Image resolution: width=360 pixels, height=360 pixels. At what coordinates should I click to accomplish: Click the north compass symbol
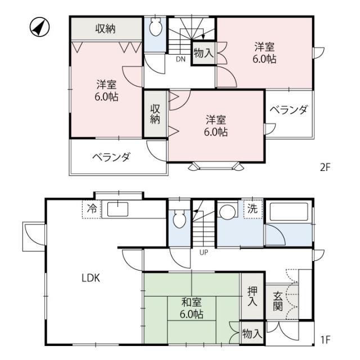coord(40,28)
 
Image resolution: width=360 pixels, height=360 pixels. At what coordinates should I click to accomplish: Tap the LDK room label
coord(91,278)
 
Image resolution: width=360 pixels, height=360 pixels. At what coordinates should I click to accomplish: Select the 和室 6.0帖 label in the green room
coord(191,308)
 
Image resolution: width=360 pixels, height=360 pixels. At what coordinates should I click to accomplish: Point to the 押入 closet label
coord(253,296)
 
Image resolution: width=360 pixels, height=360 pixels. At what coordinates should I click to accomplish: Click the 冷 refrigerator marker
coord(92,209)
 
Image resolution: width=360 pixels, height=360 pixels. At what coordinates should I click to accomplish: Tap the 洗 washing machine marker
coord(253,209)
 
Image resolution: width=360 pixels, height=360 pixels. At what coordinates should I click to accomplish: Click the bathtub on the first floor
coord(289,211)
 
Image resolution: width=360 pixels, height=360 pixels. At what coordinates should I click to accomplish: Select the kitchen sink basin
coord(118,209)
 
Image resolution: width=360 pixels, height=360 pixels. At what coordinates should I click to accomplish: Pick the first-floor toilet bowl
coord(179,219)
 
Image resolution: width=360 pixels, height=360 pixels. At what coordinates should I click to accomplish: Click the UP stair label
coord(204,253)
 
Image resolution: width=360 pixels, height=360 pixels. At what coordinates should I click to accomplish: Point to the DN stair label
coord(181,59)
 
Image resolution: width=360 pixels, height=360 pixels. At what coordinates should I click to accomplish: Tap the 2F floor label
coord(325,168)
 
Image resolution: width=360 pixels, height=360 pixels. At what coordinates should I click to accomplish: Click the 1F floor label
coord(325,340)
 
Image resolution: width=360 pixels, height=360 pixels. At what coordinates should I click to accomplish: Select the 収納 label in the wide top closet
coord(105,29)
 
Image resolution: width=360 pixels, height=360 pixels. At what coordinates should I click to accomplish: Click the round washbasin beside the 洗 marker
coord(227,211)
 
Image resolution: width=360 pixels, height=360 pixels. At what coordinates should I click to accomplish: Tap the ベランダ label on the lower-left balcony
coord(111,157)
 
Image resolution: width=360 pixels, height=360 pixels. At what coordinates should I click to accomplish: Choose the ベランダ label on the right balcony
coord(289,110)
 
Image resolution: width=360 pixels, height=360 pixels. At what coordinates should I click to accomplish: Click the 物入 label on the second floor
coord(204,53)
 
